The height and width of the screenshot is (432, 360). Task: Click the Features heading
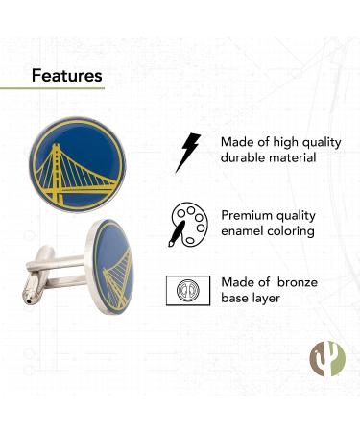[x=66, y=75]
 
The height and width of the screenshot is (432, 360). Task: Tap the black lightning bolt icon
[x=187, y=152]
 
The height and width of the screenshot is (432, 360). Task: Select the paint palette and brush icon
[x=185, y=223]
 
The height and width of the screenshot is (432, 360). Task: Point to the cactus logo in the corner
[x=326, y=358]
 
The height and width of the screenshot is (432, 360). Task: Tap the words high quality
[x=305, y=142]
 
